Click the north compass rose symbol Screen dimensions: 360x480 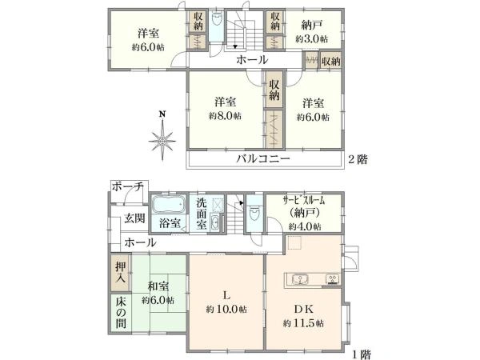coord(162,141)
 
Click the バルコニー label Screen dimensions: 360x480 coord(262,159)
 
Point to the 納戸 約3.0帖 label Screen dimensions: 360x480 coord(310,31)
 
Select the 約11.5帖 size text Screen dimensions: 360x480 coord(303,323)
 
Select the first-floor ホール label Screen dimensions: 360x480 coord(140,242)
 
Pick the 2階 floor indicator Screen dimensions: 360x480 coord(357,159)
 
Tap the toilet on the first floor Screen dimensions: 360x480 coord(253,214)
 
